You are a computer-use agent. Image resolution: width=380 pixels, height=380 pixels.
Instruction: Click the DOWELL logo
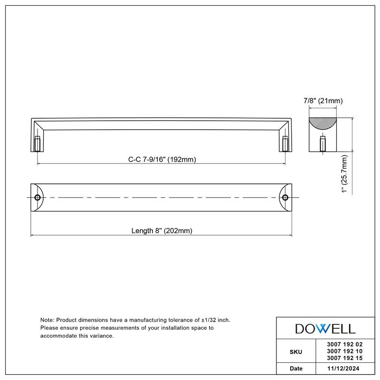point(325,328)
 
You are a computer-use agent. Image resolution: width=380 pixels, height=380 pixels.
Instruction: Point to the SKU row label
point(295,351)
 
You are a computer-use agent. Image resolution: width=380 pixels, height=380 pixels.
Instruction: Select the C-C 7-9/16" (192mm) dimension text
point(162,160)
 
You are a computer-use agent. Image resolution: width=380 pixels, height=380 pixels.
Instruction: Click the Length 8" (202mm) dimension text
point(161,231)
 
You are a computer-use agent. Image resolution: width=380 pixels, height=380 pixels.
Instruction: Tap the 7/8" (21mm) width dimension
point(323,101)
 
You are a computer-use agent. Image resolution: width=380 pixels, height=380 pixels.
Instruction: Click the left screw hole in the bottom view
point(38,197)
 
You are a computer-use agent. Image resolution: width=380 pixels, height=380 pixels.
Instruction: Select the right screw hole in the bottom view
point(285,197)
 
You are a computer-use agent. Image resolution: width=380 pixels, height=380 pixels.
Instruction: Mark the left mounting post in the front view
point(38,144)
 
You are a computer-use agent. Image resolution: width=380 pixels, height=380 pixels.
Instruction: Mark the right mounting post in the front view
point(285,144)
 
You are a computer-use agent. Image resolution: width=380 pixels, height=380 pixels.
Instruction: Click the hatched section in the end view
point(323,124)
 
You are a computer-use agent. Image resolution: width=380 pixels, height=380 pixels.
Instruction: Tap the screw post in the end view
point(323,144)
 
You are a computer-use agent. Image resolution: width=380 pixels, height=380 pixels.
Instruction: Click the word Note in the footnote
point(47,321)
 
